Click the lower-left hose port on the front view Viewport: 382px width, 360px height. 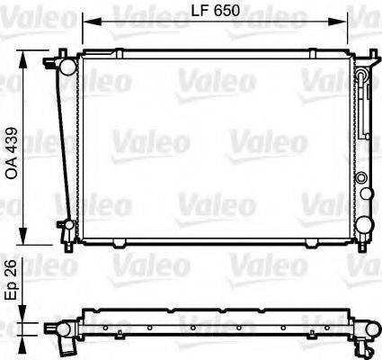click(65, 225)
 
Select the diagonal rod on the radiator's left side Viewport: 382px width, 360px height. click(63, 144)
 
